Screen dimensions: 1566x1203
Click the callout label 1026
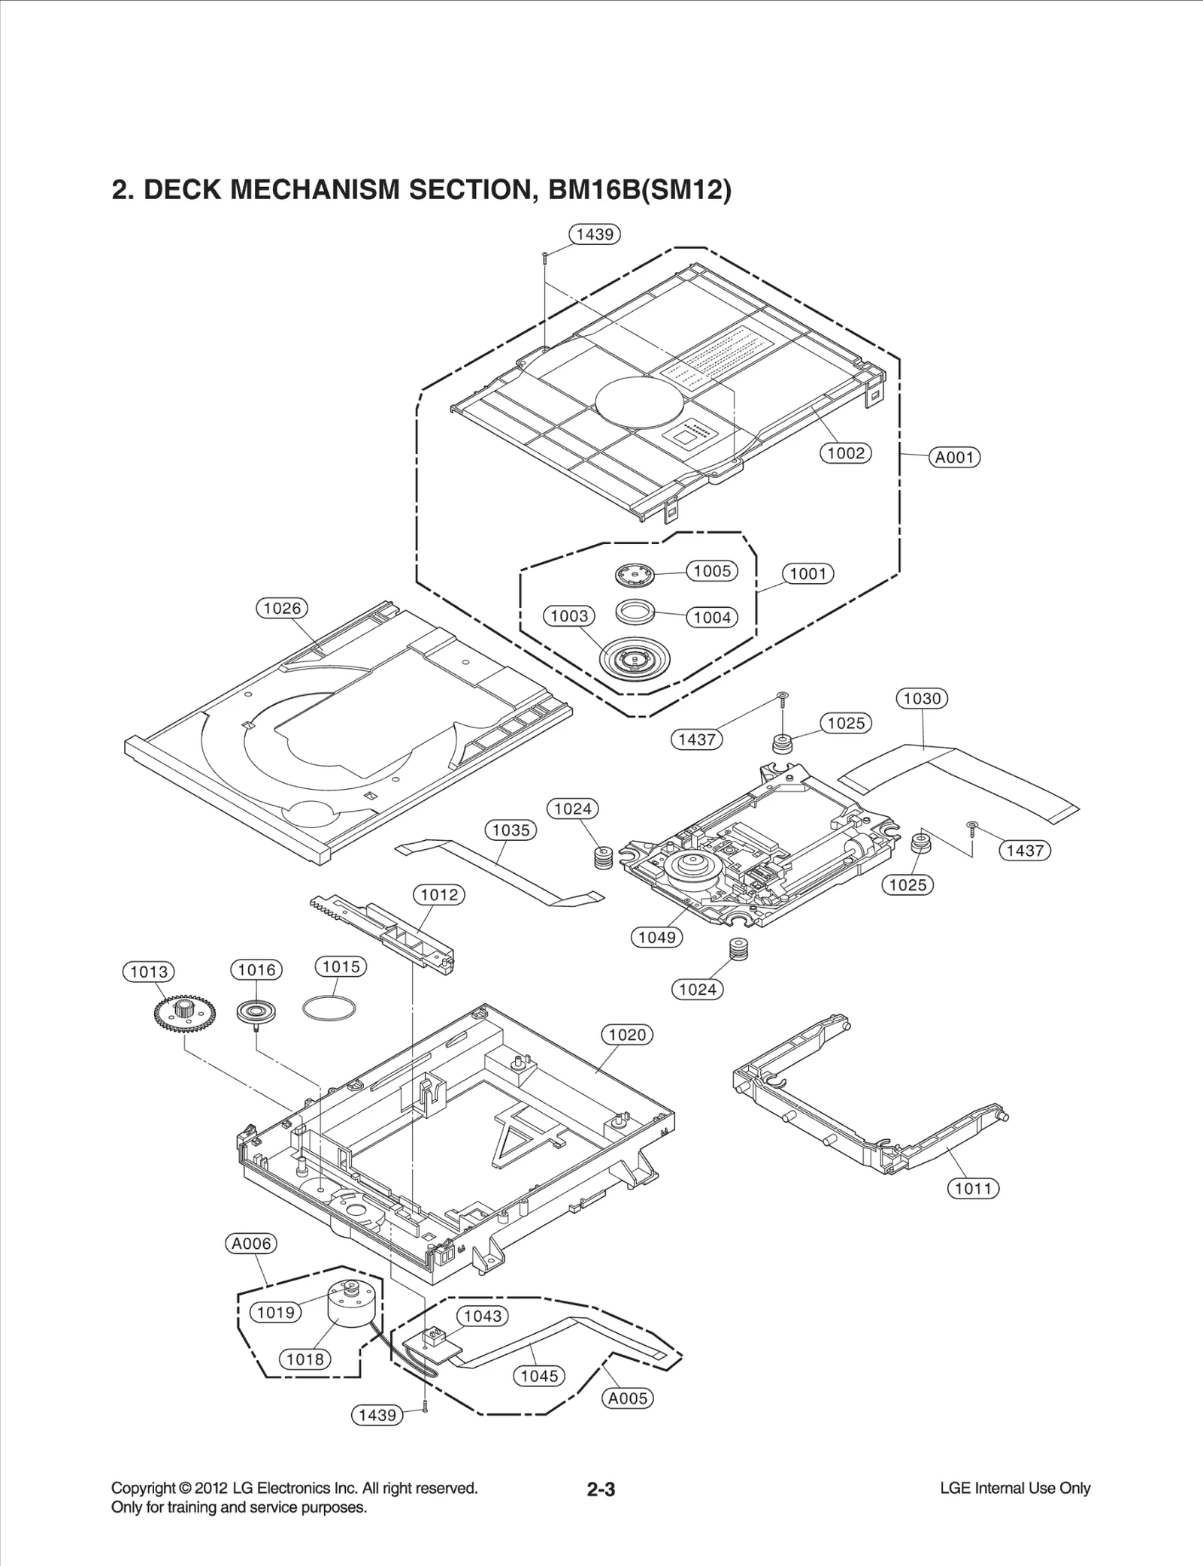point(282,608)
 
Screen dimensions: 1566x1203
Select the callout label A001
point(955,457)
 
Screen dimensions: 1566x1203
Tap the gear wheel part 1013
point(183,1016)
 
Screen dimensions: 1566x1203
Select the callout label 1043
point(483,1316)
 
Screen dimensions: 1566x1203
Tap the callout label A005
point(628,1398)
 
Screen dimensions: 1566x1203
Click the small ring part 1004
point(634,610)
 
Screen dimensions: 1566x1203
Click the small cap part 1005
point(634,576)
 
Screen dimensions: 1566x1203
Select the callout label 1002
point(845,453)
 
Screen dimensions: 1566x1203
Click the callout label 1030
point(922,698)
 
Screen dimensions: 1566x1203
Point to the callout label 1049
point(657,937)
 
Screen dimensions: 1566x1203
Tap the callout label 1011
point(974,1189)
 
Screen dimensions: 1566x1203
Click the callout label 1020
point(627,1035)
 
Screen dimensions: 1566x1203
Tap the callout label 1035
point(511,830)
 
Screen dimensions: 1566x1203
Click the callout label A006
point(251,1244)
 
